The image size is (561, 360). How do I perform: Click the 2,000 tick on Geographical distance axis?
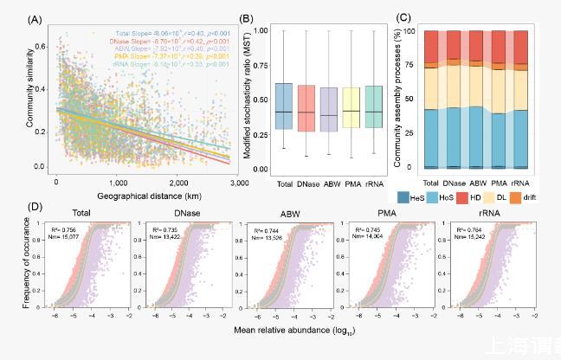coord(178,183)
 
